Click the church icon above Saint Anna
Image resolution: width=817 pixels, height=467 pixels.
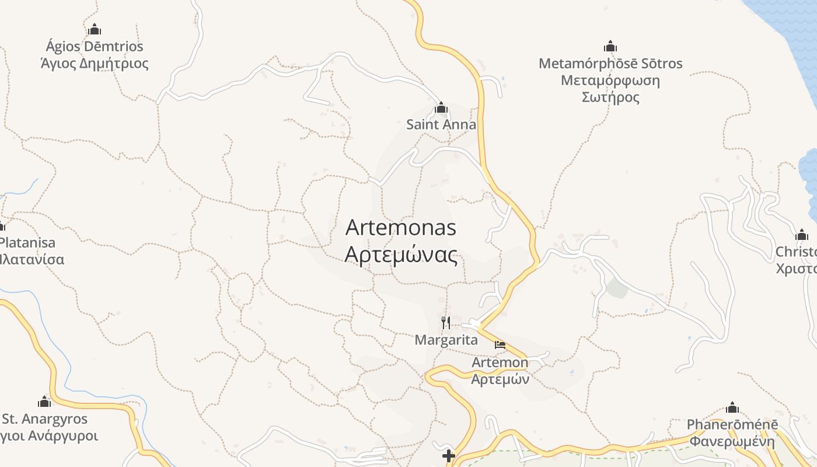[x=441, y=108]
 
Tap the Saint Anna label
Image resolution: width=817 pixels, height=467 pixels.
[x=441, y=124]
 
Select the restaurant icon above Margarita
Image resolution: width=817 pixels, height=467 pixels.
[x=446, y=323]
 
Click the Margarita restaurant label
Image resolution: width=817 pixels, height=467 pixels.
[x=446, y=340]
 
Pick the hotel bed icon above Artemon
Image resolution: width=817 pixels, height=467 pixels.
[x=500, y=345]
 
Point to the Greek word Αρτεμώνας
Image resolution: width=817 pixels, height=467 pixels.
[x=401, y=255]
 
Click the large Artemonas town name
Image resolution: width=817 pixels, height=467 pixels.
[x=401, y=227]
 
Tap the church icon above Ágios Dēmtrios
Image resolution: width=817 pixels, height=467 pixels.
[x=95, y=30]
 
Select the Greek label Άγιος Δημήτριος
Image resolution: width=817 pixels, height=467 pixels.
[x=95, y=63]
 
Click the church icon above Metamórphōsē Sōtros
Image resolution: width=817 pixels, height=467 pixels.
[x=610, y=47]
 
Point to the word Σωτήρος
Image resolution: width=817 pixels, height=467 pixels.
[x=610, y=97]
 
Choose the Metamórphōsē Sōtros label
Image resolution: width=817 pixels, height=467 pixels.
[x=610, y=63]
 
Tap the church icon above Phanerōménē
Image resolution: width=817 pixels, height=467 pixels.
[x=732, y=407]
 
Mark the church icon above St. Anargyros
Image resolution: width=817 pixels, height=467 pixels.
[x=44, y=402]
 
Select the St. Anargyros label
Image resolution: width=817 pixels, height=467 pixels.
[x=44, y=419]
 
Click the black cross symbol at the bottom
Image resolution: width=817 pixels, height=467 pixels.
[x=448, y=456]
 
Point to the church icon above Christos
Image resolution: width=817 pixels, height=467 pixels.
[x=802, y=235]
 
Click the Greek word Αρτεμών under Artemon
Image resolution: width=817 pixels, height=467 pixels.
[x=500, y=379]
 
